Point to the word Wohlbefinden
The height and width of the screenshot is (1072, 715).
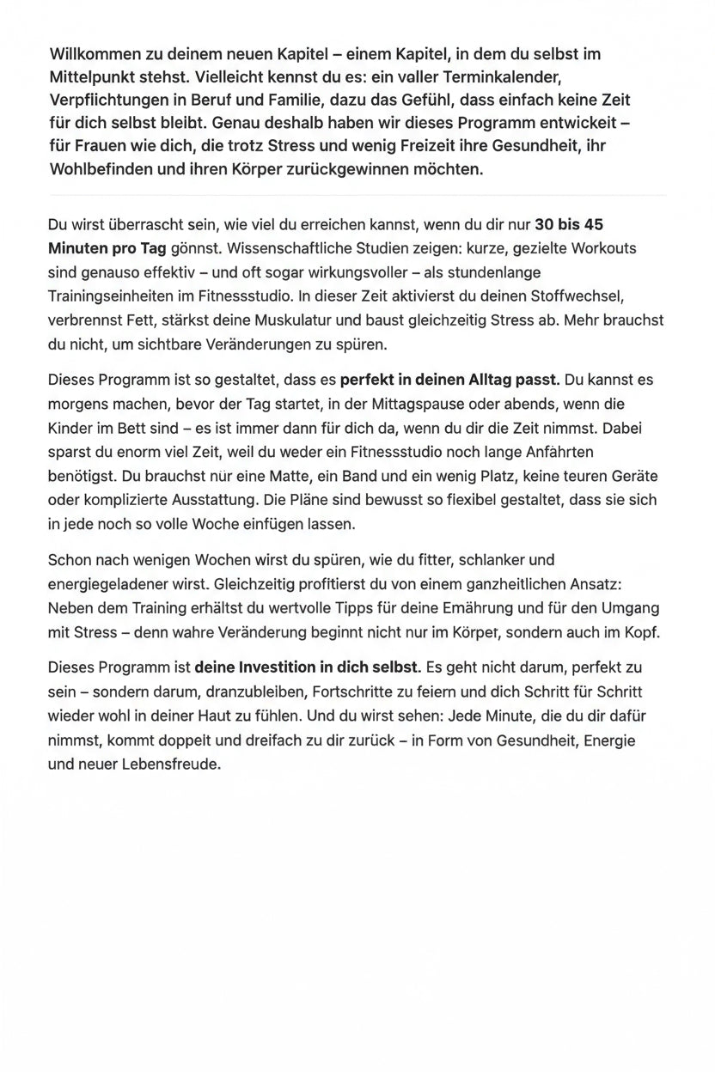click(100, 169)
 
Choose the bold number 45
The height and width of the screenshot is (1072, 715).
click(593, 225)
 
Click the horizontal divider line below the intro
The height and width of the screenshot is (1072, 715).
click(357, 195)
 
